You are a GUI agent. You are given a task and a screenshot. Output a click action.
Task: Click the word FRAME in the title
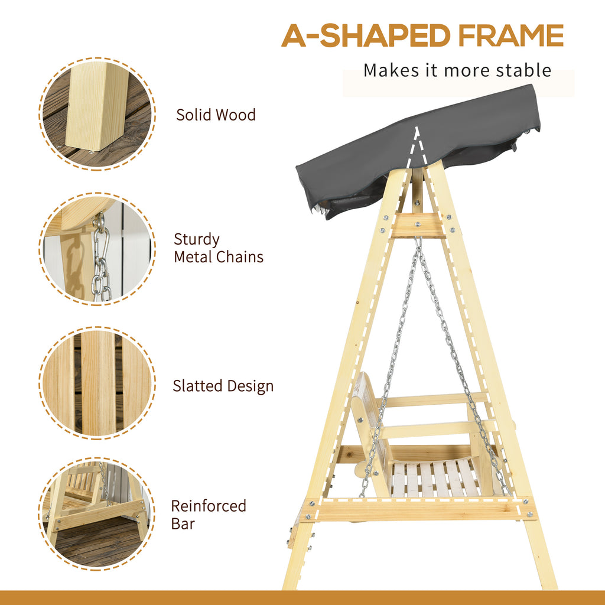point(511,35)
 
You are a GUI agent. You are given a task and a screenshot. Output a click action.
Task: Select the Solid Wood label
point(216,115)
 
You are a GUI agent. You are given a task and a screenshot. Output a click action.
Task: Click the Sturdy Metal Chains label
point(219,248)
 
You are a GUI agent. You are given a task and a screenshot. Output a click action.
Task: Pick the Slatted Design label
point(223,386)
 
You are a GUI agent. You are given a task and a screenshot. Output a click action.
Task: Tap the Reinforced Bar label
point(209,515)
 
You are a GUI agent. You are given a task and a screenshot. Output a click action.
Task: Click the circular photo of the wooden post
point(97,114)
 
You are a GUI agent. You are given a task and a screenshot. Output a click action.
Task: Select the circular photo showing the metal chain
point(97,249)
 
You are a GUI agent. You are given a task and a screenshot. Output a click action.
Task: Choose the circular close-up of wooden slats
point(97,383)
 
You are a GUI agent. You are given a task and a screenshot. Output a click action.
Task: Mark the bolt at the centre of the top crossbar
point(418,223)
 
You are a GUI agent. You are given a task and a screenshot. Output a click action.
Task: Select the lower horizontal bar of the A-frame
point(418,509)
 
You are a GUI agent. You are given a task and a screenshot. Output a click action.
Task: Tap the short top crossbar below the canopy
point(418,226)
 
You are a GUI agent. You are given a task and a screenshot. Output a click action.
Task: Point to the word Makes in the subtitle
point(391,70)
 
